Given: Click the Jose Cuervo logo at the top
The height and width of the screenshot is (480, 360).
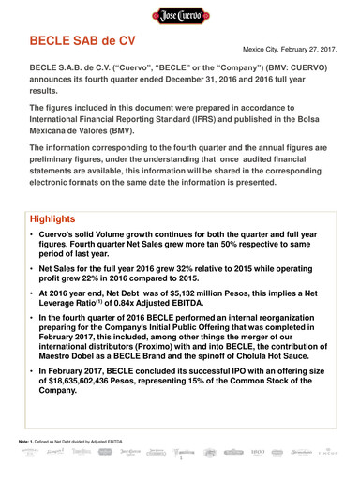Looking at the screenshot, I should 179,17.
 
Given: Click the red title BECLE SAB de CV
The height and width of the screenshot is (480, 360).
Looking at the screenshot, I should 83,43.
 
